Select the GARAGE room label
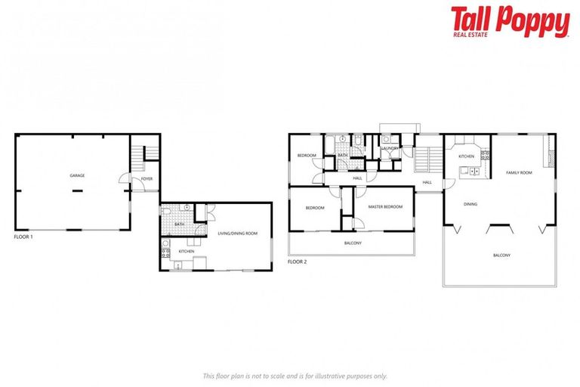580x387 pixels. click(x=77, y=175)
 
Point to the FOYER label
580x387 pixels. click(x=147, y=179)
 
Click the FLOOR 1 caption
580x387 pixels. click(x=23, y=237)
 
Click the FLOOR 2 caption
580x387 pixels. click(x=298, y=262)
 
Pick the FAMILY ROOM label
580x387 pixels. click(x=519, y=173)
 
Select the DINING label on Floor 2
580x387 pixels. click(x=470, y=203)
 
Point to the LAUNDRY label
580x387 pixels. click(x=390, y=149)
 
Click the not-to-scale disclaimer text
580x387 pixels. click(x=295, y=376)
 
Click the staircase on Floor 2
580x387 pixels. click(x=427, y=160)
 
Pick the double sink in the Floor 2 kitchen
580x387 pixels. click(x=475, y=170)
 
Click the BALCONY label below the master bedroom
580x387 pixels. click(x=353, y=243)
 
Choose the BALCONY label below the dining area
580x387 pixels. click(x=501, y=255)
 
